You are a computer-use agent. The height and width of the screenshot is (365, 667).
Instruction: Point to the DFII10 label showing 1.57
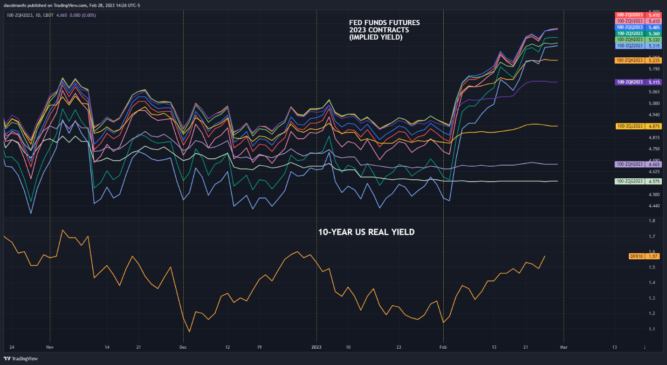coord(637,256)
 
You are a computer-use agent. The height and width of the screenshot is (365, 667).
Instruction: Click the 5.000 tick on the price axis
coord(655,103)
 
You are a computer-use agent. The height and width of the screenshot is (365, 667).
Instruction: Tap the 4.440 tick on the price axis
coord(655,206)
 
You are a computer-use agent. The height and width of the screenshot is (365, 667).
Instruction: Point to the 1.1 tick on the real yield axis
coord(652,329)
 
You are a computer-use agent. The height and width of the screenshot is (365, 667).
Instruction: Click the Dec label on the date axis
coord(183,347)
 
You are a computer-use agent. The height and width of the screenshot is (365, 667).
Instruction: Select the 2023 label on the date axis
coord(316,347)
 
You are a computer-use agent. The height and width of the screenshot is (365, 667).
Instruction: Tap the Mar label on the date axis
coord(564,347)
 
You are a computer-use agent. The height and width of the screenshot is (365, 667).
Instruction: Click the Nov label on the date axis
coord(49,347)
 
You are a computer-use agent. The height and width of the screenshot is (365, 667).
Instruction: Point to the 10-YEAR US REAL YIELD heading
coord(366,232)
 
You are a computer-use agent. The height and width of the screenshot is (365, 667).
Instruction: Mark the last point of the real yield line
coord(545,256)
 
